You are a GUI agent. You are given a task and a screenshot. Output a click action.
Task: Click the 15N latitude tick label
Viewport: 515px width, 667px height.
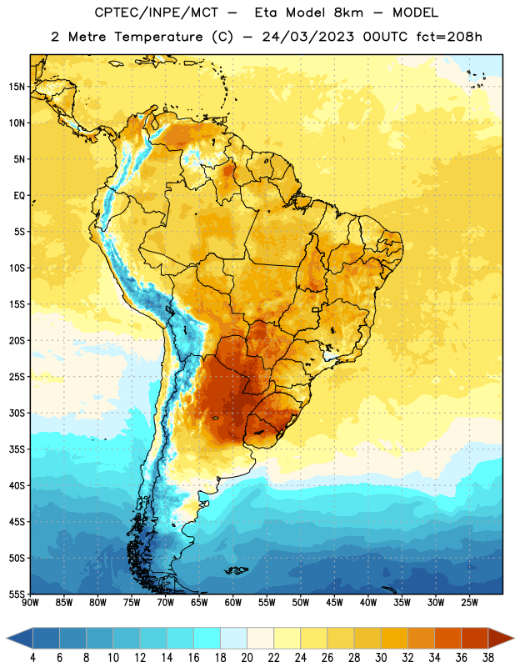(17, 87)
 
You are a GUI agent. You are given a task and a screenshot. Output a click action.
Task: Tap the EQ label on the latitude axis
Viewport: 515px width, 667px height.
(19, 196)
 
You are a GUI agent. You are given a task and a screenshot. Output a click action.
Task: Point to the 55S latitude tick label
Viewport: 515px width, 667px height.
(17, 594)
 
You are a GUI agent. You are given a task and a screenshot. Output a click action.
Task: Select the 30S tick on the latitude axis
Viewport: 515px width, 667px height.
(17, 413)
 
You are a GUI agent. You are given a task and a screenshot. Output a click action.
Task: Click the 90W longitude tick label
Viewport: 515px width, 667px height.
(30, 603)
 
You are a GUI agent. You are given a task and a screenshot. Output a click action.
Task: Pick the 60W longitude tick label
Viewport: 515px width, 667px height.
(233, 603)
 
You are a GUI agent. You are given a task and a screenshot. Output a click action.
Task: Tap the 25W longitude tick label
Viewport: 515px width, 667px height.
(469, 603)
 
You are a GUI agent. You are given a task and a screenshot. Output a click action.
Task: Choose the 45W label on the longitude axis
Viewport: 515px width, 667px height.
(334, 603)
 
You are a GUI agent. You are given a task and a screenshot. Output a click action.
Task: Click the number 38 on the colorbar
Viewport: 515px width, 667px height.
(487, 658)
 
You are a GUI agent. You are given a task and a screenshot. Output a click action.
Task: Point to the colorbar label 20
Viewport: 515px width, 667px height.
(247, 658)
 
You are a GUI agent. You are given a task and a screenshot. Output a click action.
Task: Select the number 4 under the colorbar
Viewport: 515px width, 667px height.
(32, 658)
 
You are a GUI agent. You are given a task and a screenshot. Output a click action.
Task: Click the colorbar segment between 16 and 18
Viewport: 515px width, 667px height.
(207, 638)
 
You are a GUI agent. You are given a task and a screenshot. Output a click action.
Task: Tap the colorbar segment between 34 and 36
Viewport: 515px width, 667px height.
(447, 638)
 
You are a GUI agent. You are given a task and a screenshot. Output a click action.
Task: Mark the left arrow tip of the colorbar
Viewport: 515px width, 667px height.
(7, 638)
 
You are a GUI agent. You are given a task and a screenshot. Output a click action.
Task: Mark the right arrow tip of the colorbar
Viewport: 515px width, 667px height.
(513, 638)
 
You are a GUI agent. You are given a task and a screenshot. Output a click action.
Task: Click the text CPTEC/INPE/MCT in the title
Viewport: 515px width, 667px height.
(156, 13)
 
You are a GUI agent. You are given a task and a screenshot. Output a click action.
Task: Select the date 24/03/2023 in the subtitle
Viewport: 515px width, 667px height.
(307, 37)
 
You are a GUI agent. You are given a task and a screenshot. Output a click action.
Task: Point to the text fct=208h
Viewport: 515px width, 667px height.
(449, 37)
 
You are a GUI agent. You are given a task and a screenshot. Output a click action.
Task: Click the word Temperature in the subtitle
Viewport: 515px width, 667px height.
(158, 37)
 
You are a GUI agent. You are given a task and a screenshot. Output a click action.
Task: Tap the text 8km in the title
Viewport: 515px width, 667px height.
(348, 13)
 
